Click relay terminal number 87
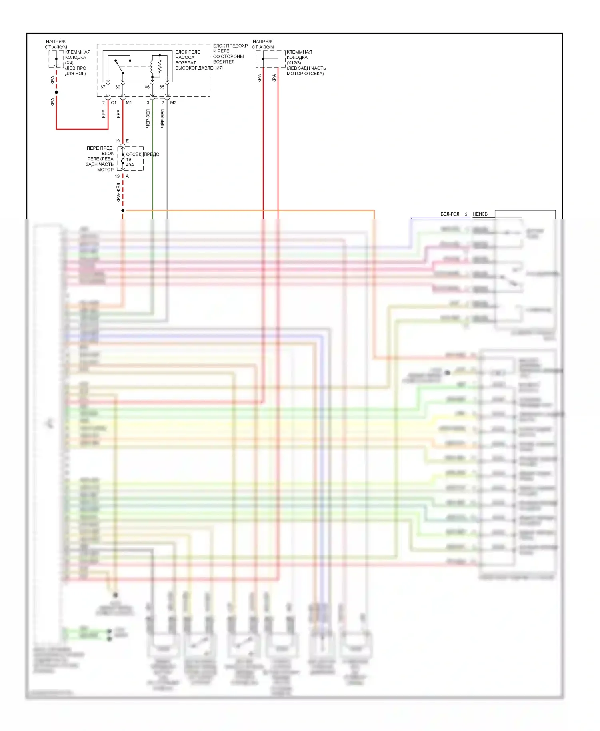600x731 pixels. tap(103, 87)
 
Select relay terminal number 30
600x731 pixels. tap(118, 87)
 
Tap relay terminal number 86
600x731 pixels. tap(147, 87)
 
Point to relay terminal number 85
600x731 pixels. tap(162, 87)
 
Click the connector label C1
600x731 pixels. tap(114, 103)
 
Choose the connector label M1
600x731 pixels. tap(129, 103)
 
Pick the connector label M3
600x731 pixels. tap(173, 103)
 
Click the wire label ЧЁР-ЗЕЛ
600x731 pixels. tap(148, 118)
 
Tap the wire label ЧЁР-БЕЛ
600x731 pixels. tap(162, 118)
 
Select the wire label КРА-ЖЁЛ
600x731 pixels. tap(118, 192)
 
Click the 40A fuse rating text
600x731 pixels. tap(130, 165)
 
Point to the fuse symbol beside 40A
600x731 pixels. tap(123, 159)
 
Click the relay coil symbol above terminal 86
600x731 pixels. tap(152, 67)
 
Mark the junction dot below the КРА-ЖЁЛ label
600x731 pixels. tap(123, 210)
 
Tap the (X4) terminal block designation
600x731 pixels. tap(69, 63)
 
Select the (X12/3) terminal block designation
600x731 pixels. tap(294, 63)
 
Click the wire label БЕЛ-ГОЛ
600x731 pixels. tap(450, 214)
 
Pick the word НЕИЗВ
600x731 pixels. tap(480, 214)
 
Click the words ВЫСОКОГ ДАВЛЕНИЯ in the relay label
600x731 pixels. tap(199, 68)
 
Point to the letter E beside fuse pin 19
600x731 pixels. tap(127, 141)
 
